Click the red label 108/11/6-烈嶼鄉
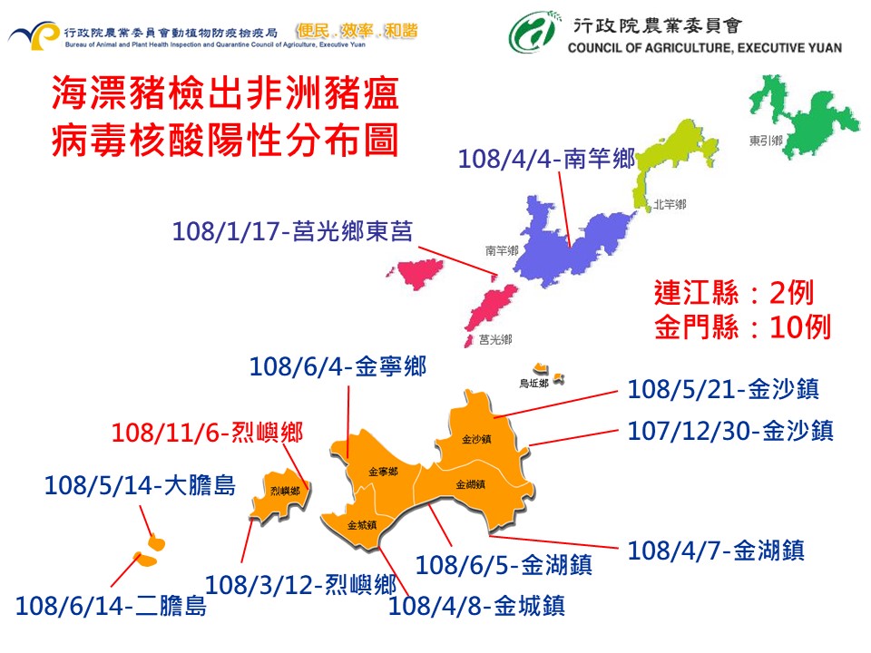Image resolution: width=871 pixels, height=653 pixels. coord(207,433)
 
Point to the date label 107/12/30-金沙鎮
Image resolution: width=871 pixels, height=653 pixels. coord(730,430)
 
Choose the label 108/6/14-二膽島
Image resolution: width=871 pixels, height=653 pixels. coord(111,605)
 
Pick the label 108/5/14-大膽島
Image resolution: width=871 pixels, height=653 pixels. coord(140,486)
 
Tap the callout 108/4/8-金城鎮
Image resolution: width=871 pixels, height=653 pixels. coord(476,605)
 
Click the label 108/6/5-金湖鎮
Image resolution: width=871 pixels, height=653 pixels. coord(504,566)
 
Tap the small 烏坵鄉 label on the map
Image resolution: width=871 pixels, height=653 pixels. coord(533,384)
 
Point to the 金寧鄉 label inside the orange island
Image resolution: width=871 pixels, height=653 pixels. coord(382,472)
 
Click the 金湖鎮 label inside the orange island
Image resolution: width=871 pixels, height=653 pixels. coord(471,484)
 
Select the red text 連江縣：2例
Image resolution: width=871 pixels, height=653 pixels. coord(733,293)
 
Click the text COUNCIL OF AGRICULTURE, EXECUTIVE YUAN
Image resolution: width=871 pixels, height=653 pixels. coord(704,48)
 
